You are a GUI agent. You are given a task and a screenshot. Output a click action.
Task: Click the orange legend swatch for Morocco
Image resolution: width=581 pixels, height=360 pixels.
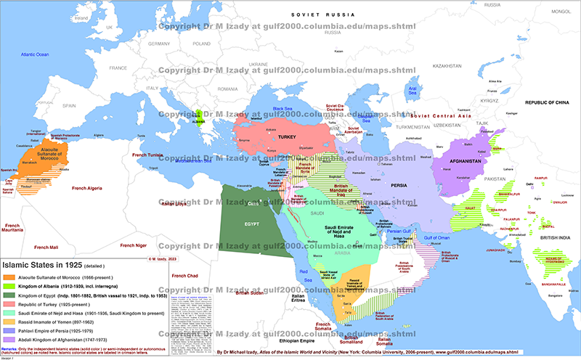point(9,277)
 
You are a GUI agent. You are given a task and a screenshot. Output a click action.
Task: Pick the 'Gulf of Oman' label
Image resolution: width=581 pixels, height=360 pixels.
point(437,238)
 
